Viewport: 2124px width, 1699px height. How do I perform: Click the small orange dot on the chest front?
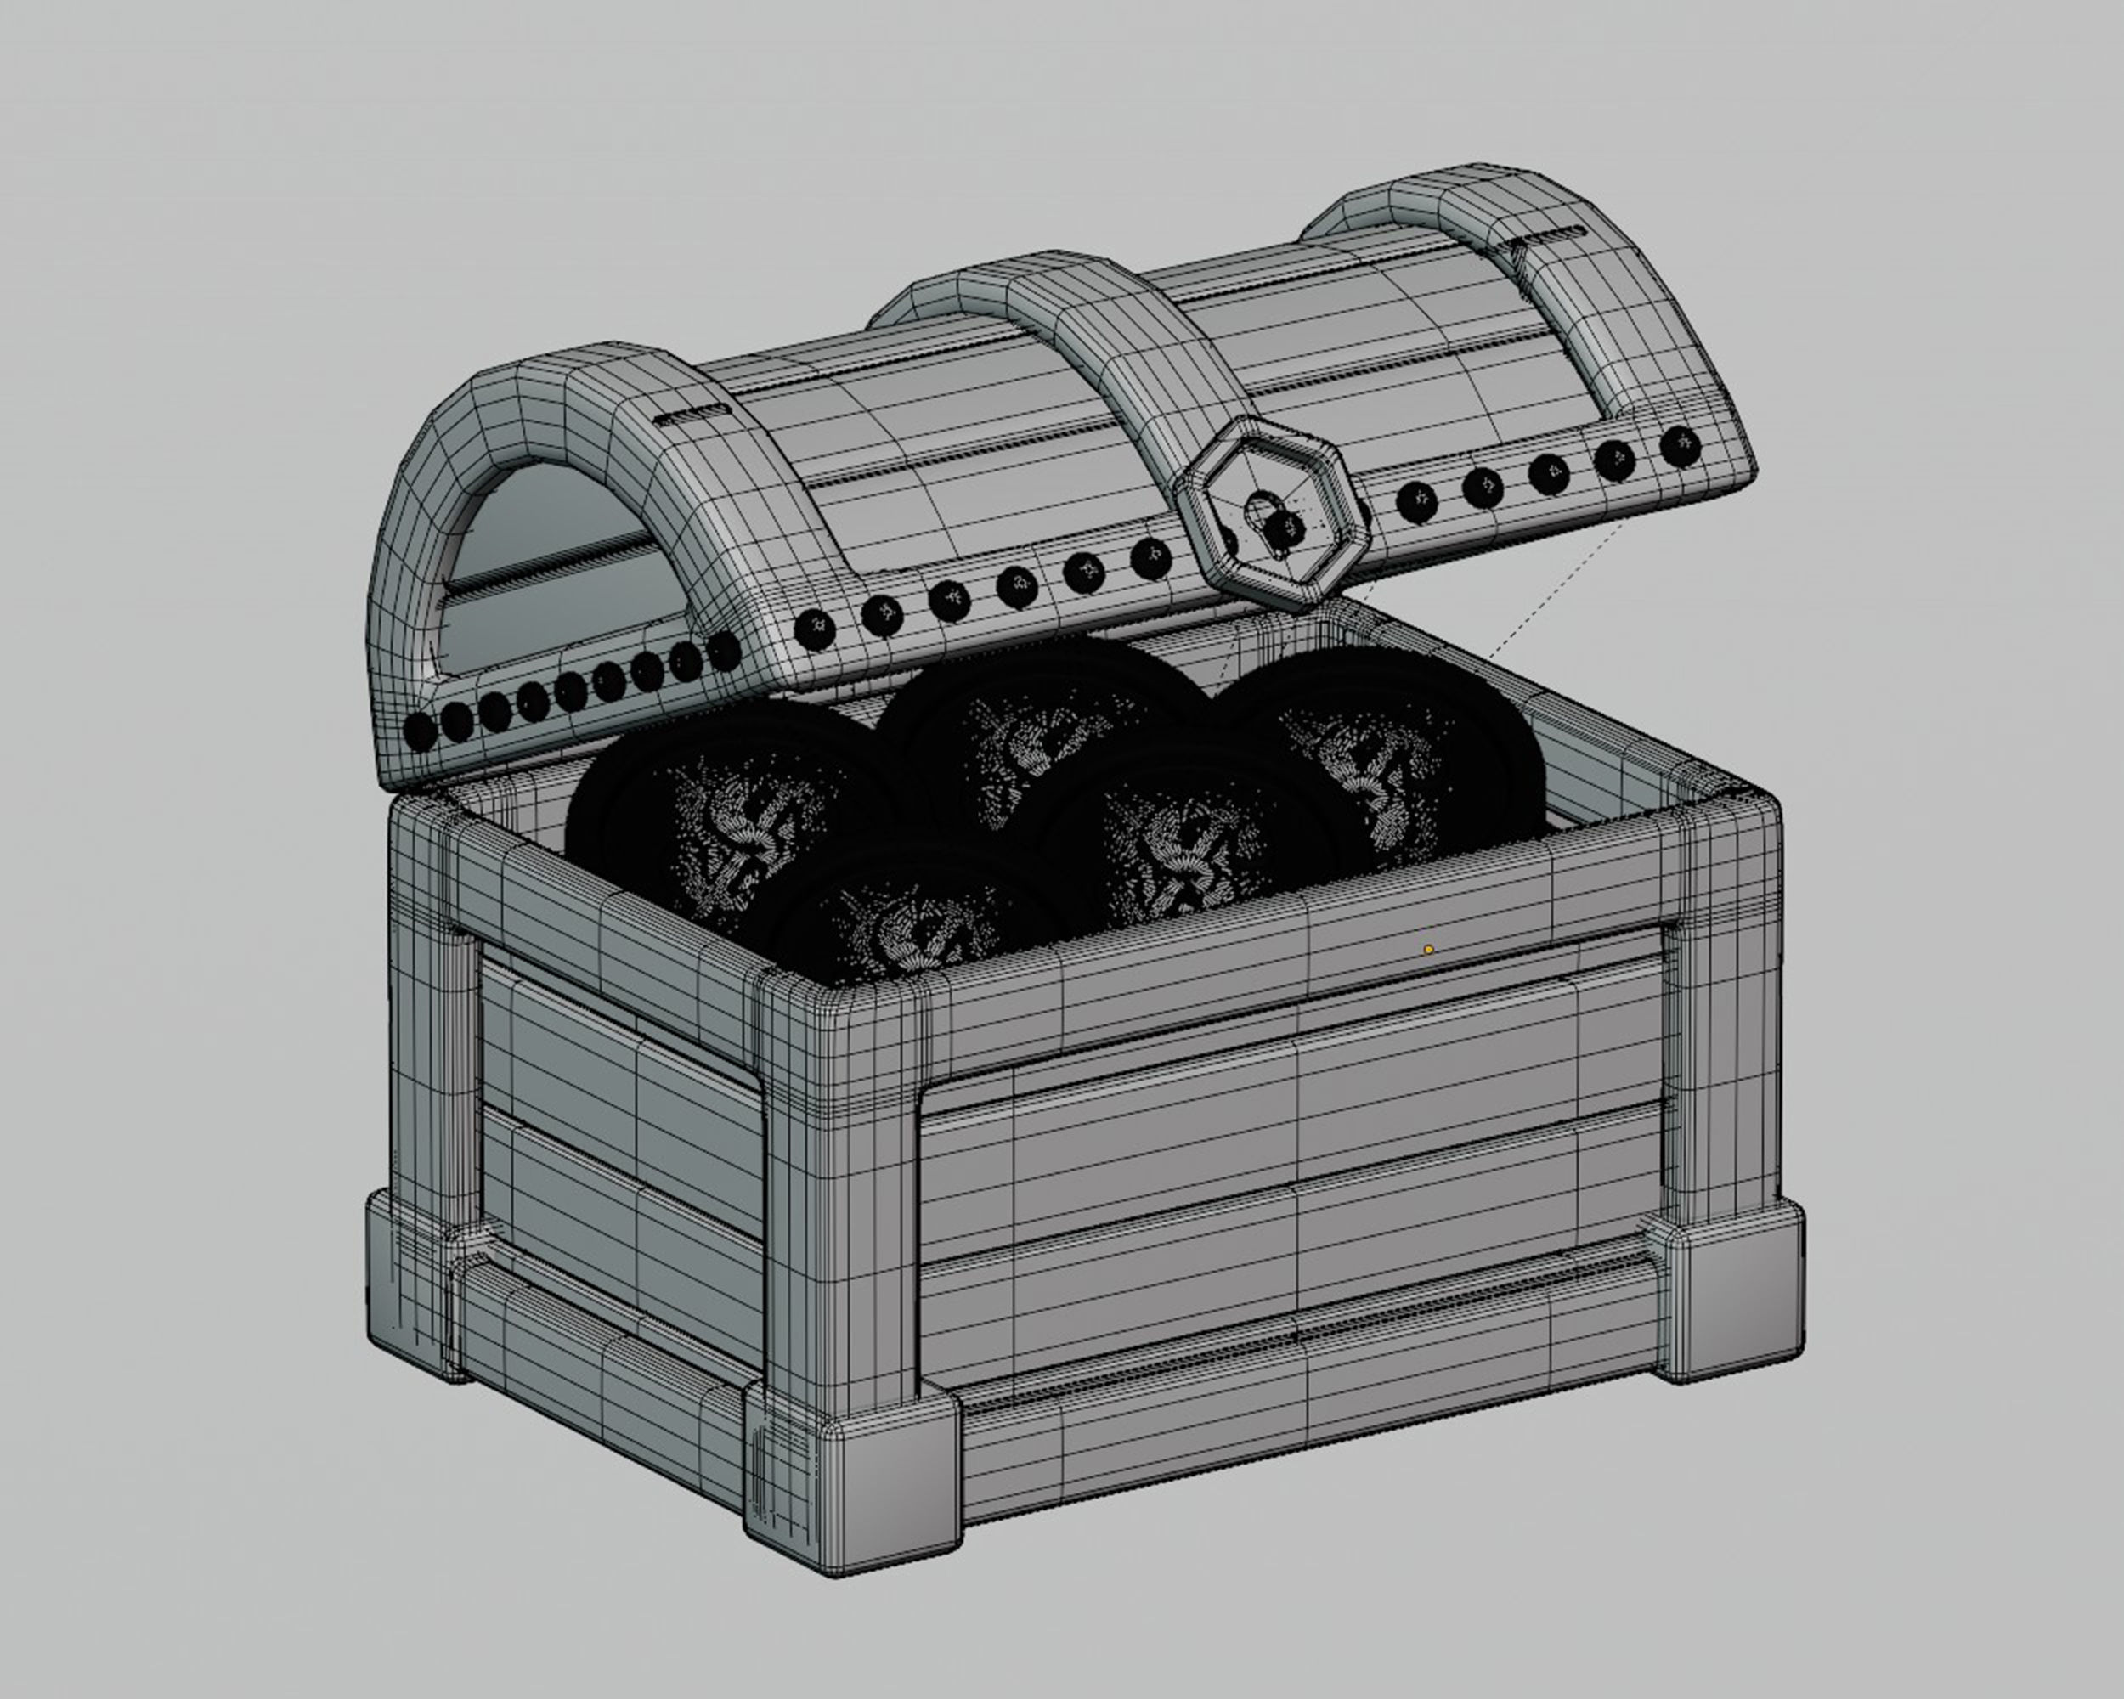pos(1428,950)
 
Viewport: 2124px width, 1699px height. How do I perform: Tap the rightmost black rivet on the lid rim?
pos(1680,446)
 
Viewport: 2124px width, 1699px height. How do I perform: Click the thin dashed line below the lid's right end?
pos(1547,591)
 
